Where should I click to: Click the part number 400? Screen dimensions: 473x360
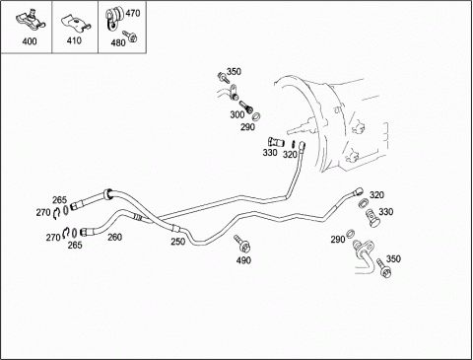[30, 41]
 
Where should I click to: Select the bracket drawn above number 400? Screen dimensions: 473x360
[31, 19]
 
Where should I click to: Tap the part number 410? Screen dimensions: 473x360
[74, 40]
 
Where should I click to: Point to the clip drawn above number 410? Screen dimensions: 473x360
[76, 23]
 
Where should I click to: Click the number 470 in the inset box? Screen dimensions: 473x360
[133, 13]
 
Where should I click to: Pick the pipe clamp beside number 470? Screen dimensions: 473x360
[113, 19]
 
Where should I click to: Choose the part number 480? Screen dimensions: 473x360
[118, 42]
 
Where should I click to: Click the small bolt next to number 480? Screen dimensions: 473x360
[130, 36]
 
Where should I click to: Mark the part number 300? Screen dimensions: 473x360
[237, 114]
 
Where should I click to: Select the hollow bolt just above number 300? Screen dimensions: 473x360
[245, 107]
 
